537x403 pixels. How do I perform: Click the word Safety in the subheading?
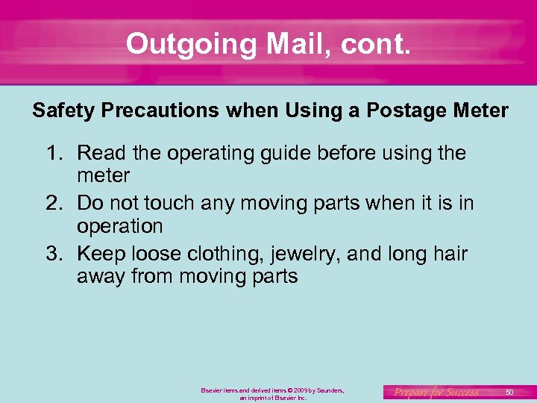(63, 111)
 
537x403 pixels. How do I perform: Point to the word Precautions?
(158, 111)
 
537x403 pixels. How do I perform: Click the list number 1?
(54, 154)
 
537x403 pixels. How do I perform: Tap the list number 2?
(54, 203)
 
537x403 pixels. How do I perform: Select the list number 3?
(54, 254)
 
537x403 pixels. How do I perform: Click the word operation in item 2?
(119, 226)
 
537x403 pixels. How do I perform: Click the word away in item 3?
(101, 277)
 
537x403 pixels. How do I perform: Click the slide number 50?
(509, 392)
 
